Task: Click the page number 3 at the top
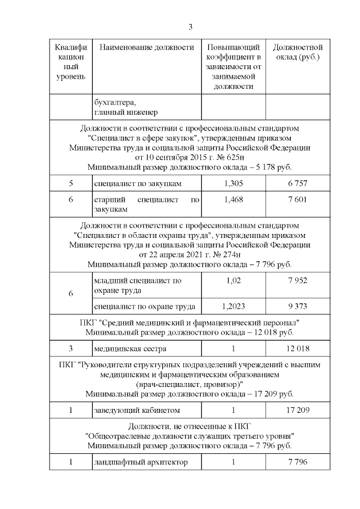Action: [190, 27]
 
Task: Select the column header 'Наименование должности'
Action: [146, 47]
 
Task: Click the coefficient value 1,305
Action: [233, 183]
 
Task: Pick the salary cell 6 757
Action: [297, 183]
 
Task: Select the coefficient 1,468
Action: [233, 199]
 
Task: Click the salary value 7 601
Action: [297, 199]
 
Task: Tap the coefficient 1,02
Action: [233, 280]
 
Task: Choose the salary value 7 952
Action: [297, 280]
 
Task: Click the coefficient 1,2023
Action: [233, 306]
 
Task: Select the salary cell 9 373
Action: [297, 306]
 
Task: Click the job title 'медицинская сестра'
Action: [126, 348]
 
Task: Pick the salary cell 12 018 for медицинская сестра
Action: [297, 348]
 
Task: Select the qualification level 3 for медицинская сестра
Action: [71, 348]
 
